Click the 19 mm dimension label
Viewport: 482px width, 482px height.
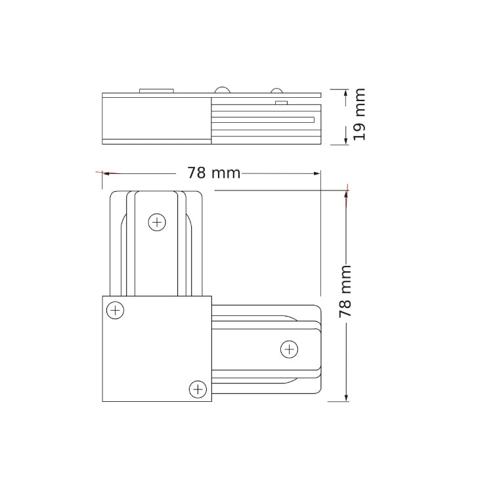pos(359,114)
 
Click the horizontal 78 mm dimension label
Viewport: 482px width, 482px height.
pos(213,173)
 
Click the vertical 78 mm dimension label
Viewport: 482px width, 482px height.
pos(345,292)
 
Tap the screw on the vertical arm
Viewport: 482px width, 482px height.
pos(157,222)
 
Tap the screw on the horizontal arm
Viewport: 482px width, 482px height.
pos(289,349)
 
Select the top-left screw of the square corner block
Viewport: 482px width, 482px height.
pos(116,310)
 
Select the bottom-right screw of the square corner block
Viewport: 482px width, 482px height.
pos(198,389)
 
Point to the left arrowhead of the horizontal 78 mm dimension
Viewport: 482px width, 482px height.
pos(106,173)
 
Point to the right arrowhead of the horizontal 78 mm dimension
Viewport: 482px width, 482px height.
pos(317,173)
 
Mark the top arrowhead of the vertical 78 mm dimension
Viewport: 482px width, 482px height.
pos(347,194)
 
